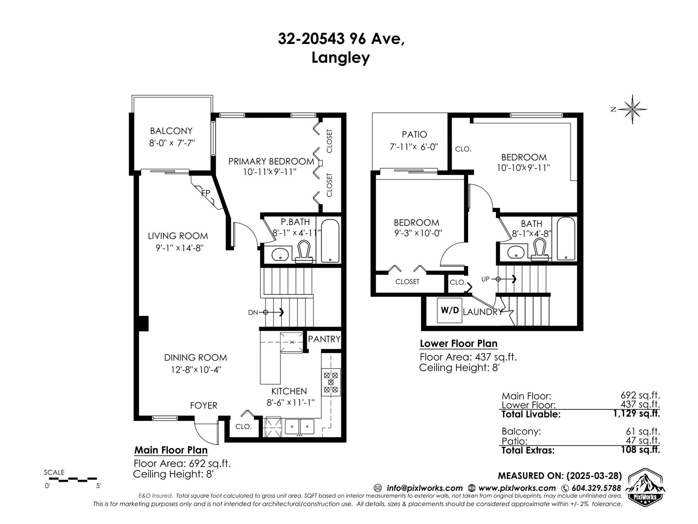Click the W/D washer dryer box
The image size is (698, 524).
tap(449, 310)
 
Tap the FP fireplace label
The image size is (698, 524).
tap(206, 193)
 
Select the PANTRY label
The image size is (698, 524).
tap(324, 339)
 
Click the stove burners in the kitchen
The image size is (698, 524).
tap(331, 382)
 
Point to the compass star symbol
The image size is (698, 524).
tap(632, 110)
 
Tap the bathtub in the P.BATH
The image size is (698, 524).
tap(330, 241)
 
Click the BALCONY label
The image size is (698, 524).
tap(171, 131)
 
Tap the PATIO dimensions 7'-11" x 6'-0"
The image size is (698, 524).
tap(414, 147)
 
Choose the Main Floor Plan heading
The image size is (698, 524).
tap(171, 450)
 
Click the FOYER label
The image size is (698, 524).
tap(204, 405)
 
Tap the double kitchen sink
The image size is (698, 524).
tap(299, 426)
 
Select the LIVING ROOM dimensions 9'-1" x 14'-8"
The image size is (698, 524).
tap(179, 248)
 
